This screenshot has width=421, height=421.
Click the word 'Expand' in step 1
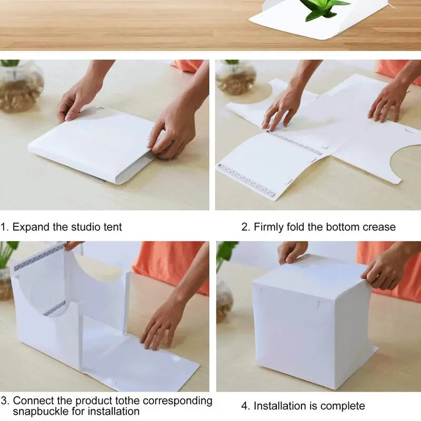(32, 227)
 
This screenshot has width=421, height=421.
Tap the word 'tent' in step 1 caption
(112, 227)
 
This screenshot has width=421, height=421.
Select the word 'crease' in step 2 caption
(379, 227)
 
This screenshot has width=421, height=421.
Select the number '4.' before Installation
(246, 406)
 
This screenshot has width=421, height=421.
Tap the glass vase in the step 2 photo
(235, 77)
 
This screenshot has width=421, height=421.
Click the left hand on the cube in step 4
(292, 252)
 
